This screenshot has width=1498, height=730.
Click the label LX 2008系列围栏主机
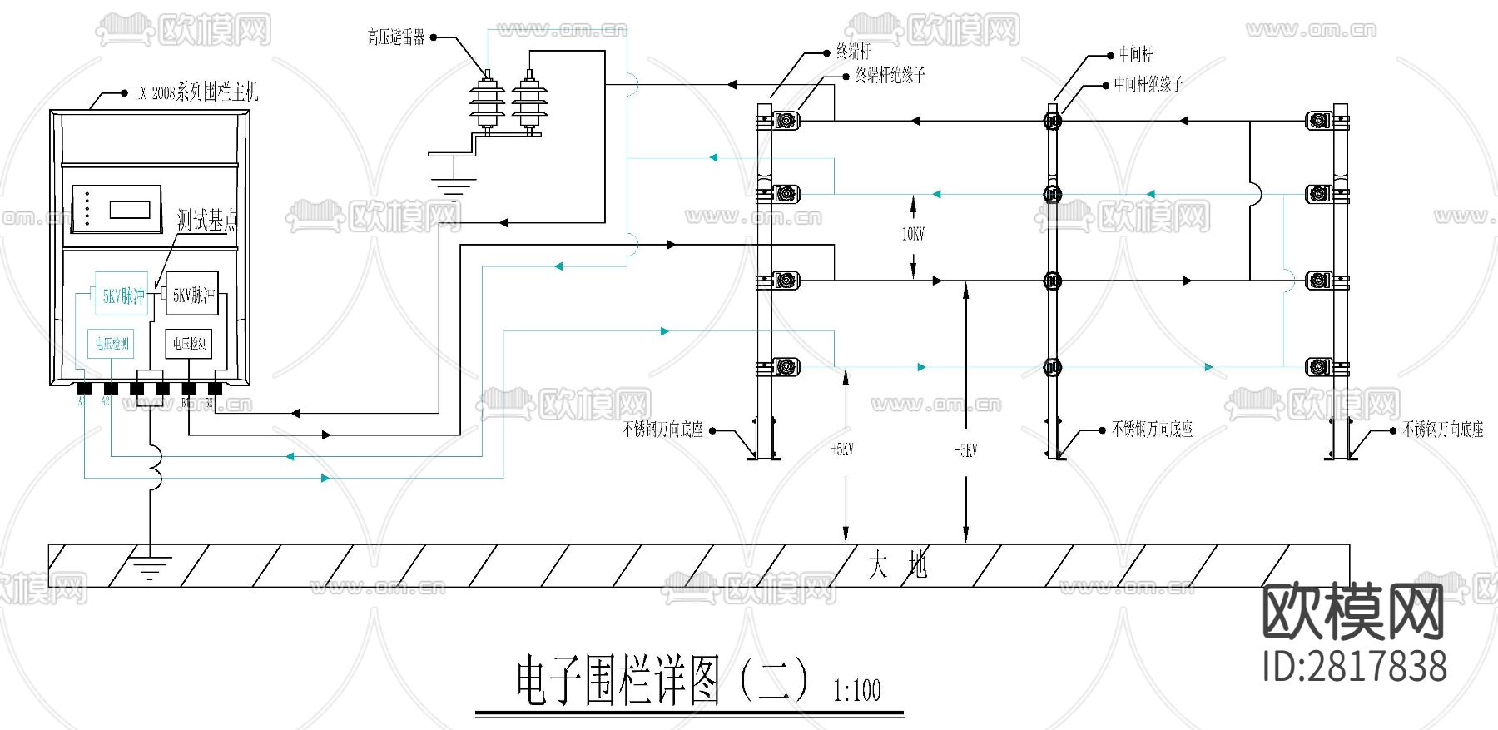(196, 92)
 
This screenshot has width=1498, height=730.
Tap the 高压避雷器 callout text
(396, 37)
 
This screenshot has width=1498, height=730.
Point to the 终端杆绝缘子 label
(890, 76)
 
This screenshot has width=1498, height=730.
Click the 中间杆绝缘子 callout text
(1148, 84)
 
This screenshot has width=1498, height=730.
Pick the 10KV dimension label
(913, 234)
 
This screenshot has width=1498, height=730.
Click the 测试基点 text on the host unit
(207, 221)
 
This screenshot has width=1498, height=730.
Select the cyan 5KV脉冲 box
(122, 294)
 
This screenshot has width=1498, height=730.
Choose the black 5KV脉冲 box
(192, 294)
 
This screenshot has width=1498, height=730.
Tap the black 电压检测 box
(189, 343)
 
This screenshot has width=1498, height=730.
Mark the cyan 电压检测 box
(111, 343)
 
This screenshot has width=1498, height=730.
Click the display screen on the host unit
(130, 208)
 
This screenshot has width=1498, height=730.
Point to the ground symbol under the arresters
(452, 188)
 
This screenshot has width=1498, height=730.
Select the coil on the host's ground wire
(155, 465)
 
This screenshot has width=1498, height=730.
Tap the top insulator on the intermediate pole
(1053, 121)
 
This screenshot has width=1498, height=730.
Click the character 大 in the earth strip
(877, 566)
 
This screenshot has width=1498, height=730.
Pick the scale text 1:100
(857, 690)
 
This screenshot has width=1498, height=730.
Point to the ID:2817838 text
(1355, 667)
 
